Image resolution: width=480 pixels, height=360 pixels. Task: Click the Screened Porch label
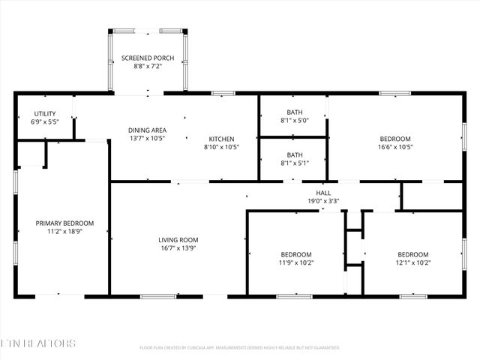pos(148,58)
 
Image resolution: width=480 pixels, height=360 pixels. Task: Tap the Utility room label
pos(44,113)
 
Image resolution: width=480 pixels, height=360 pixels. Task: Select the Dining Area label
pos(147,130)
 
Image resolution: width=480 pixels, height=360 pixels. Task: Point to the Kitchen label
pos(221,139)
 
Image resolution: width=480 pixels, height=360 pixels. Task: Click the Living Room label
pos(178,240)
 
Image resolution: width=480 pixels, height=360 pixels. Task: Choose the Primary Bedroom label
pos(65,223)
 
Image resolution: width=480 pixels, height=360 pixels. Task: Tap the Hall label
pos(323,193)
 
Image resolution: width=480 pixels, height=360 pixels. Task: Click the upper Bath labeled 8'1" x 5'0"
pos(294,112)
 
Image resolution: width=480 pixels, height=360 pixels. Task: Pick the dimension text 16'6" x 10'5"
pos(394,148)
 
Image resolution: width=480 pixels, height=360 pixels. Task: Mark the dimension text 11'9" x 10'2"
pos(295,263)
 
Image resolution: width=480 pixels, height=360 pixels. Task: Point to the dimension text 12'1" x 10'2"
pos(412,263)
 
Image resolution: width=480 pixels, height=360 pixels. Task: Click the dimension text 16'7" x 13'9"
pos(178,248)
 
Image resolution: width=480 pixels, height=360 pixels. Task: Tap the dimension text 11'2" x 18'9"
pos(65,232)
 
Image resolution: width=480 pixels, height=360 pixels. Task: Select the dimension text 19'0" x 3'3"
pos(323,200)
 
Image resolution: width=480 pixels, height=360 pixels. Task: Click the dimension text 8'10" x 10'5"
pos(221,147)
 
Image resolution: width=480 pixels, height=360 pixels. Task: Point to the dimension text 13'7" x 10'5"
pos(147,138)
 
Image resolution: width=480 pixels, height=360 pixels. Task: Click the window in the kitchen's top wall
pos(223,94)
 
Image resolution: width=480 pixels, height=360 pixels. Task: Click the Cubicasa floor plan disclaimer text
pos(240,348)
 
